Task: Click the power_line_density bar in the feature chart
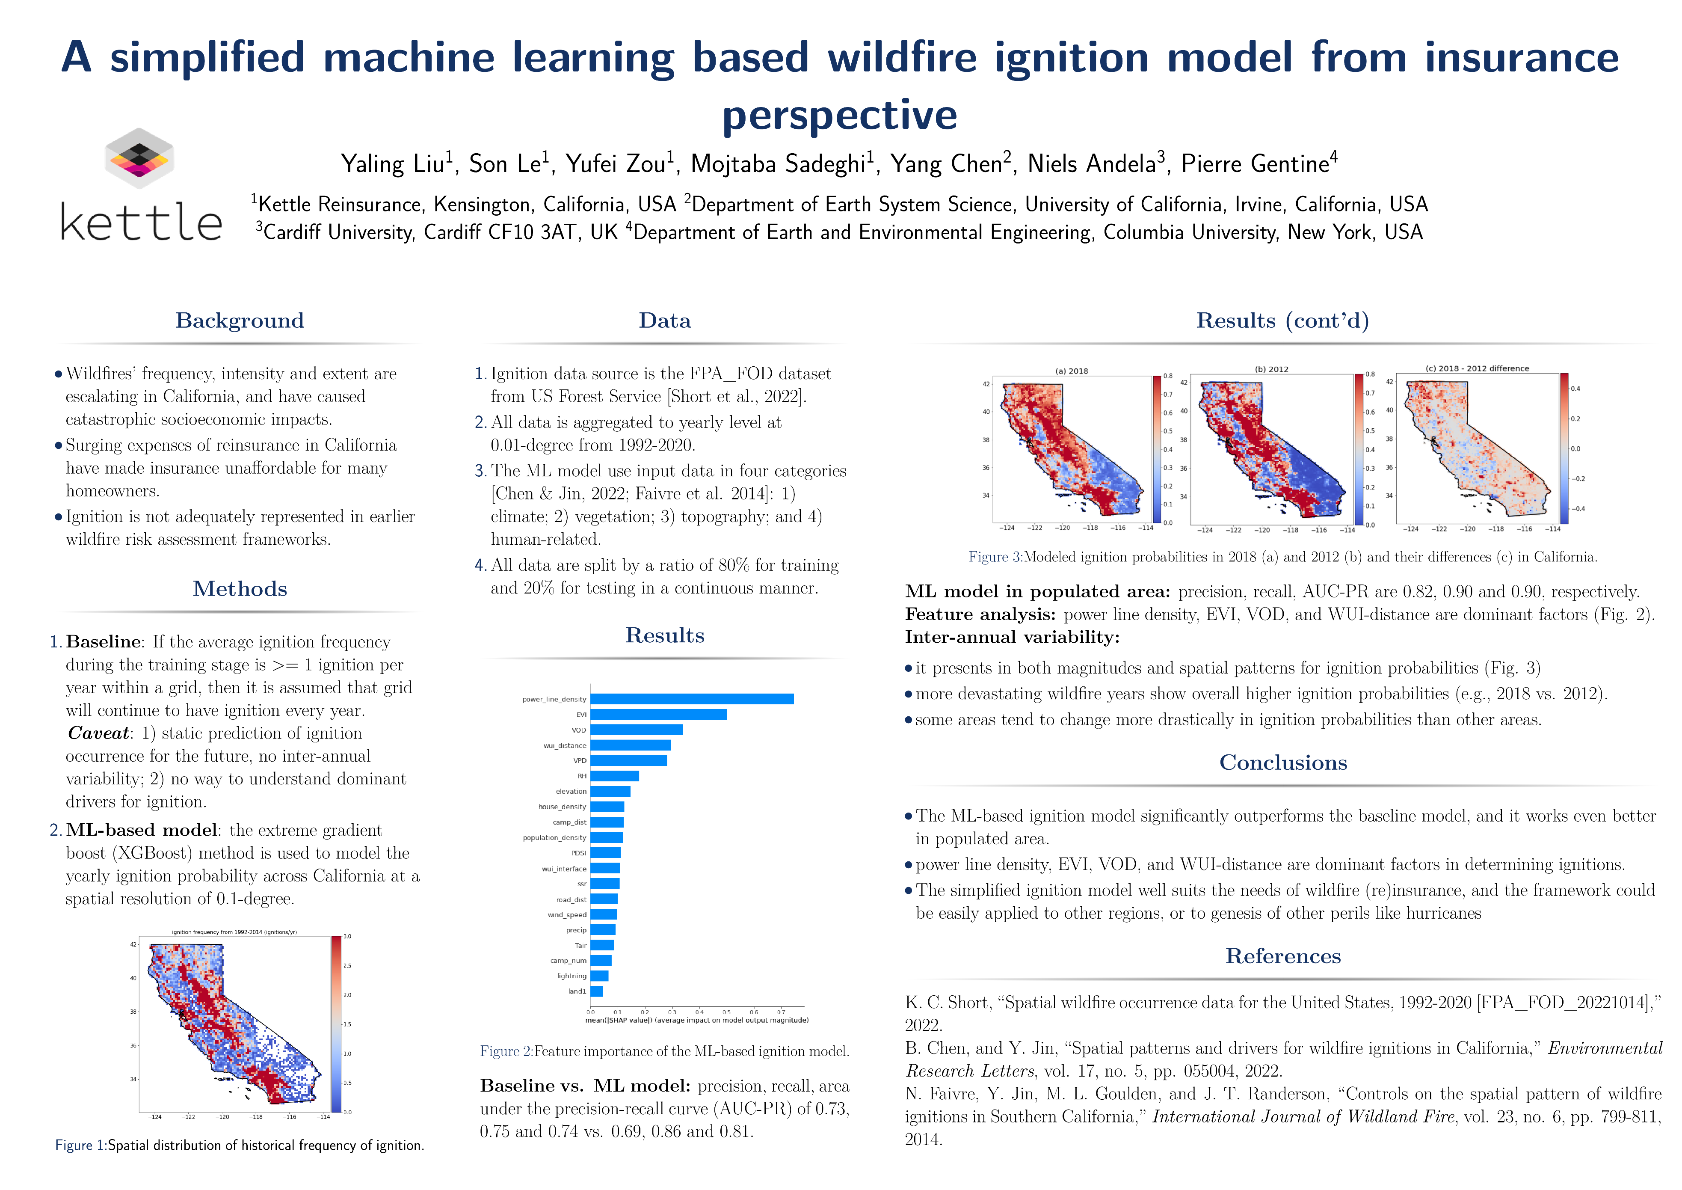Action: coord(692,699)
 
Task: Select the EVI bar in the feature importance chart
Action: coord(658,715)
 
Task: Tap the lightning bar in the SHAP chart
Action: coord(599,976)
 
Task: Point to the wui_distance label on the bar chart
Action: coord(564,745)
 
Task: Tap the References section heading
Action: coord(1283,956)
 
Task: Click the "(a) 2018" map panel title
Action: coord(1071,371)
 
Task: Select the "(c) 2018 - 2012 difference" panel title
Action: coord(1477,368)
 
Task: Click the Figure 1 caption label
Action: coord(80,1145)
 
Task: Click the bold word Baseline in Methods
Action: coord(103,642)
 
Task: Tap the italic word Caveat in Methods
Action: coord(98,733)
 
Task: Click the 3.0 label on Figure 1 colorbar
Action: coord(347,936)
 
